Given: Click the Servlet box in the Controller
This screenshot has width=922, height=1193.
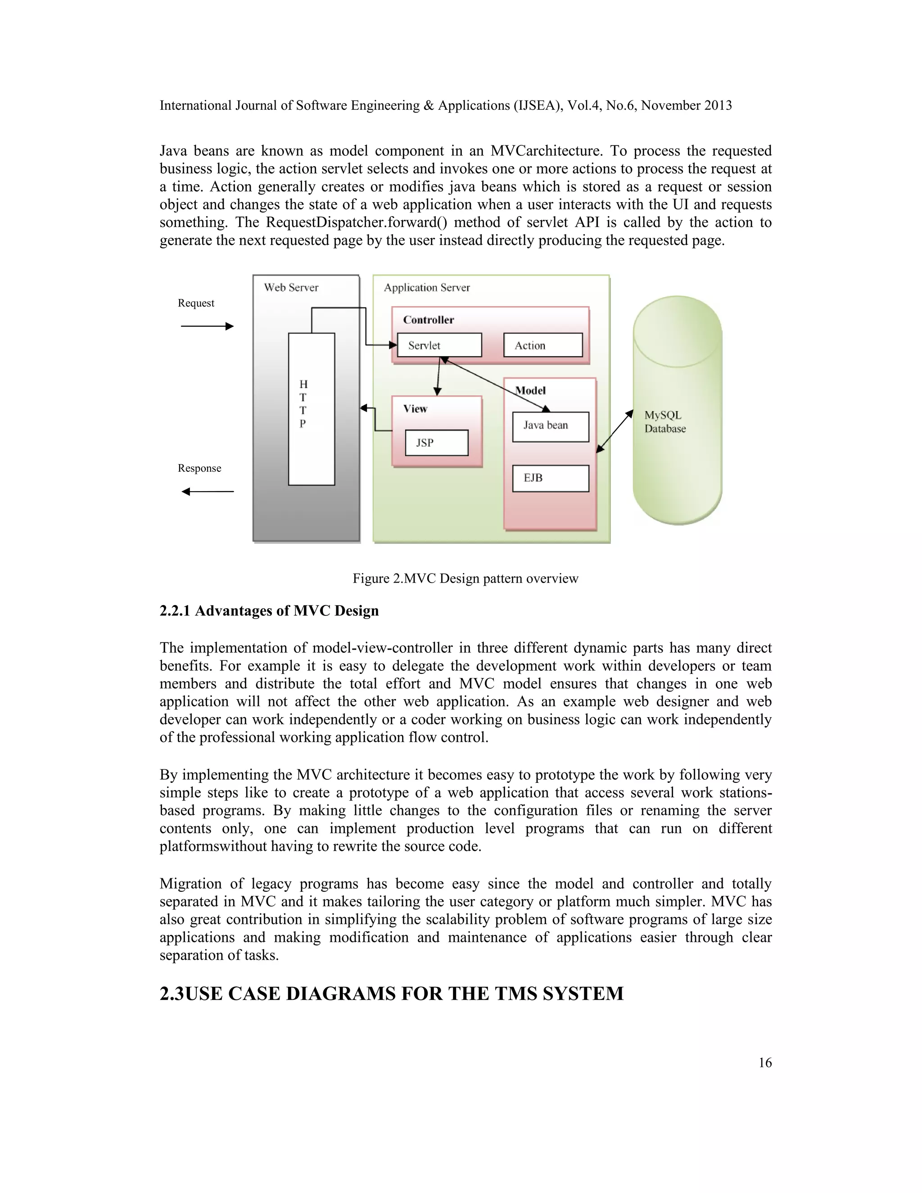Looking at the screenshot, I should [439, 345].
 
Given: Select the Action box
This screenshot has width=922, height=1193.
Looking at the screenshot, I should [542, 345].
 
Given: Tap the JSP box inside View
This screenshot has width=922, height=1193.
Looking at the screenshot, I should [436, 443].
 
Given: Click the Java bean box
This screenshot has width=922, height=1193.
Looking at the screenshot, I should [550, 426].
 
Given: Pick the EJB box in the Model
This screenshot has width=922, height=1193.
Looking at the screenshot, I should [550, 478].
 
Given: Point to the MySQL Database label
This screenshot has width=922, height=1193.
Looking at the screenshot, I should [665, 422].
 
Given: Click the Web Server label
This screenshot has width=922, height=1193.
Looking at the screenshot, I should [291, 287].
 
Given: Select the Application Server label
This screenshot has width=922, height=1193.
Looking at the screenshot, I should [427, 287].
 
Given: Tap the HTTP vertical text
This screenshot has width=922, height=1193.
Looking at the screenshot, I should [303, 404].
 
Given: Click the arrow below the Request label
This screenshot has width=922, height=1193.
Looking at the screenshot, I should [207, 326].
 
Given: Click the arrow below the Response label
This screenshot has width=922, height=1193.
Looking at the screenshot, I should [207, 492].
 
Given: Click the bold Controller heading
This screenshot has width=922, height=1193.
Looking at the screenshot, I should [428, 320].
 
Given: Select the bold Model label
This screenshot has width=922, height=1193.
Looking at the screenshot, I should [530, 390].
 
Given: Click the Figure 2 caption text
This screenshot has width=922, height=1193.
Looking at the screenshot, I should [466, 578].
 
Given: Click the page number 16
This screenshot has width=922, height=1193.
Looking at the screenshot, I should [765, 1062].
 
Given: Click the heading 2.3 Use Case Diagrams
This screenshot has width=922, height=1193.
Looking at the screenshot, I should [391, 993].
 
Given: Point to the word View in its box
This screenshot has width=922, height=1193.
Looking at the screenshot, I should [415, 409].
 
